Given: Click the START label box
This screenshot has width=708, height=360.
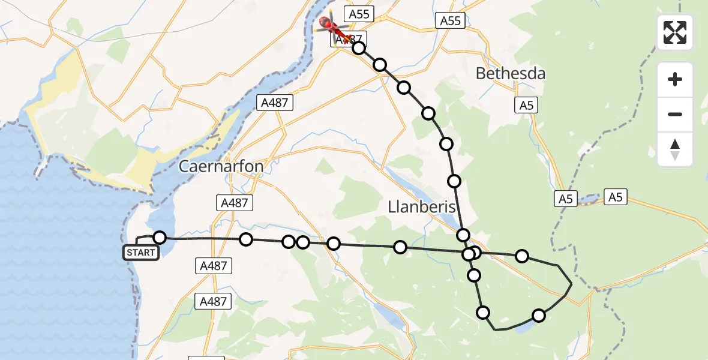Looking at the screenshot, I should coord(141,253).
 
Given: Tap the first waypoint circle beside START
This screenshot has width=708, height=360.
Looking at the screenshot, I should coord(160,238).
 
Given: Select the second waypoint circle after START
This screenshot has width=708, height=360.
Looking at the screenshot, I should coord(245,240).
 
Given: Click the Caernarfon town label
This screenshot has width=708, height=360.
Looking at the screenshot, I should coord(221,166).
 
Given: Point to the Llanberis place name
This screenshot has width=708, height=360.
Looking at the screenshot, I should coord(421,207).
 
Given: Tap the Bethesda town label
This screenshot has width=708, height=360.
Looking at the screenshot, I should coord(511,74).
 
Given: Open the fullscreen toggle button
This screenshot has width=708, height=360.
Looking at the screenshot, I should coord(675,32).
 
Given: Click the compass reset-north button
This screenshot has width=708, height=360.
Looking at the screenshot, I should coord(675,149).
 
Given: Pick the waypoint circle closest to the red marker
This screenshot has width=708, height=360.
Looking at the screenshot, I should coord(359,48).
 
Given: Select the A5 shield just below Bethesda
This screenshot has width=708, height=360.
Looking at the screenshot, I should coord(526,106).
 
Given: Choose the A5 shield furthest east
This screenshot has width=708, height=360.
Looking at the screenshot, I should coord(616,196).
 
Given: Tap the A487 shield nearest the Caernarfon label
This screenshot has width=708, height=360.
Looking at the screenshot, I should coord(234,203).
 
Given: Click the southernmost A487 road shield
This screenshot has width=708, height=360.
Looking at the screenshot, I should coord(214,301).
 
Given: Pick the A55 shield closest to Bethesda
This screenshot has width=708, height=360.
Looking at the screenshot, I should coord(450,21).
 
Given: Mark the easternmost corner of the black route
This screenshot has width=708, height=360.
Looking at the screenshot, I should coord(571,283).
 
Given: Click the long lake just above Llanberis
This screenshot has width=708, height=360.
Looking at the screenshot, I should coord(420,186).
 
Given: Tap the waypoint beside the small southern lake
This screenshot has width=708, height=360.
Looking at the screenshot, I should coord(539,316).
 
